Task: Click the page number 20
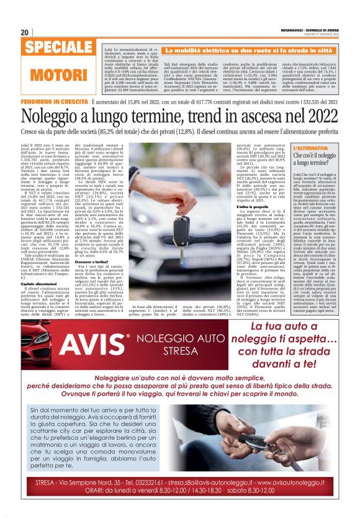[24, 32]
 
